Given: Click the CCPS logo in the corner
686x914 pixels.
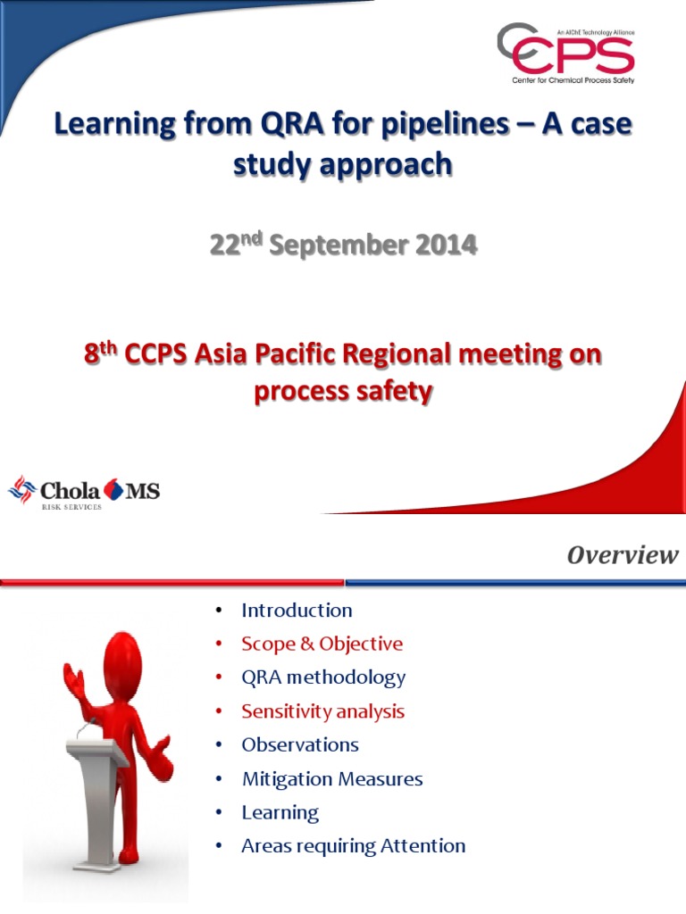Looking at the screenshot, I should point(565,54).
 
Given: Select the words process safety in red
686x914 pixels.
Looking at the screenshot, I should point(343,391).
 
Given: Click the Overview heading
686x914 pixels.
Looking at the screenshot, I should point(623,555).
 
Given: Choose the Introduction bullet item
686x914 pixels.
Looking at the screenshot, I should point(297,611).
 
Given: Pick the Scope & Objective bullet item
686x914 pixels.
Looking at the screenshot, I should point(322,644).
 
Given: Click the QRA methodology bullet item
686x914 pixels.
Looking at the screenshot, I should point(323,677).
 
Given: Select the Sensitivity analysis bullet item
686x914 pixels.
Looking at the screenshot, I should point(322,711).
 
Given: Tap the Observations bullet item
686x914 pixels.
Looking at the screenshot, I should point(300,744).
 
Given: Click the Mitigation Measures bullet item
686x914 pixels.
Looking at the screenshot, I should point(332,778).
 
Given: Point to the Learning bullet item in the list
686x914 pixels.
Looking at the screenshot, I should point(280,812).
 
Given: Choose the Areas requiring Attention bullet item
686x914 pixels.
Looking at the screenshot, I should point(353,845).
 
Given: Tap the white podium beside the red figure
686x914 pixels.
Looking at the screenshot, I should point(100,785).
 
